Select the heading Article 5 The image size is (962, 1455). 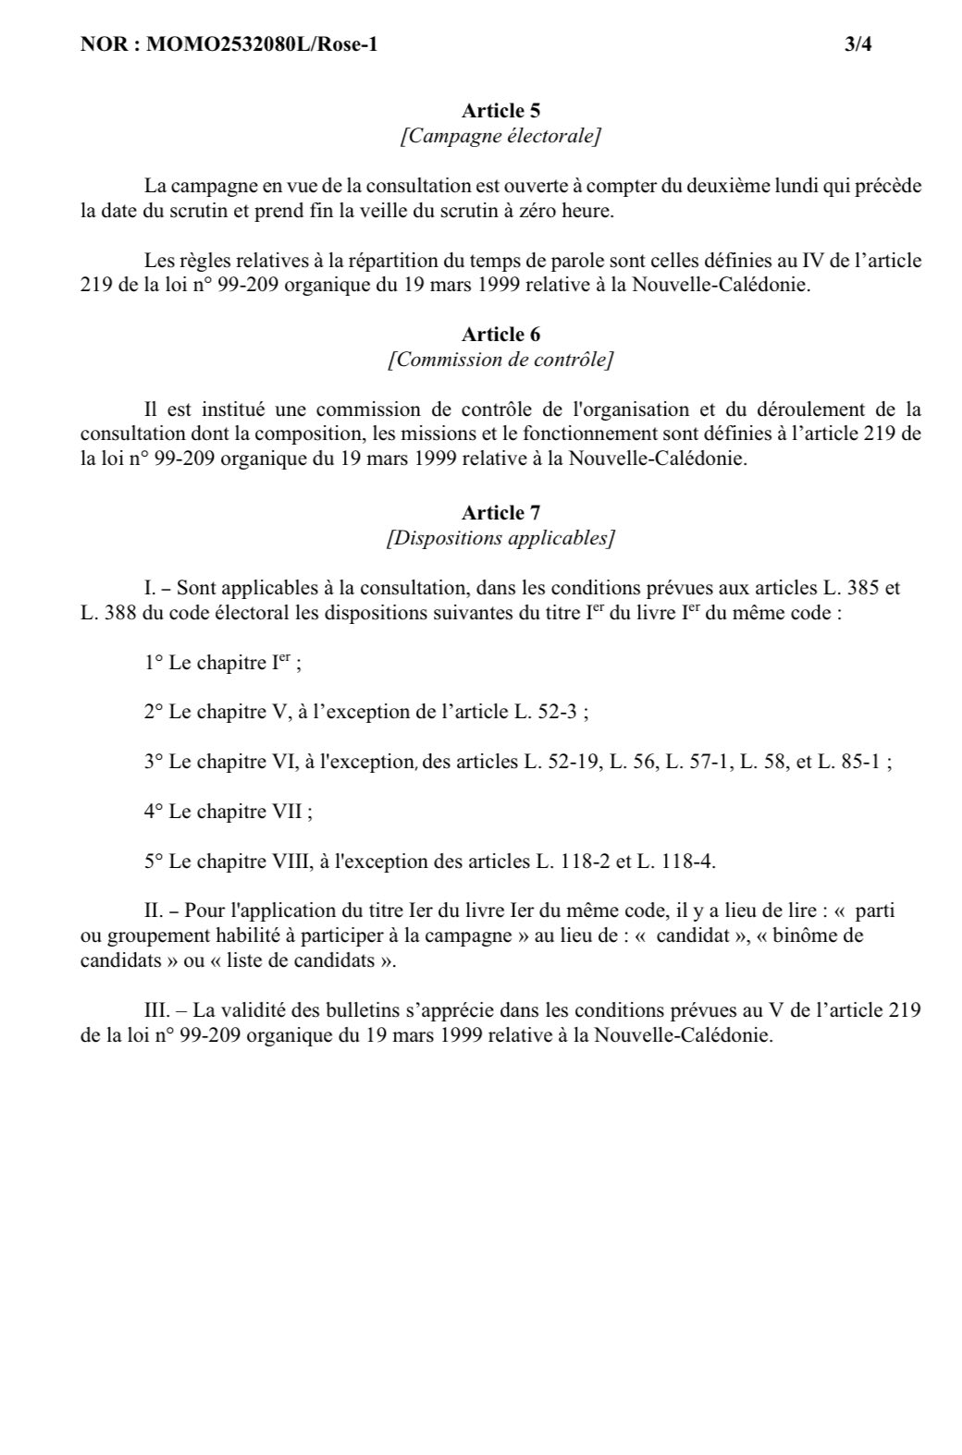click(500, 111)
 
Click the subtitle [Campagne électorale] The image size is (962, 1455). click(500, 136)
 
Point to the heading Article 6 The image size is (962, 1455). click(500, 334)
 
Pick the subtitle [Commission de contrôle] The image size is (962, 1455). click(500, 359)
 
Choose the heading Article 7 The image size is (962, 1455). click(500, 512)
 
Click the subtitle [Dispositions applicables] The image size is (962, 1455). click(500, 537)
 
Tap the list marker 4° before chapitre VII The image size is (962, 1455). click(154, 812)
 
